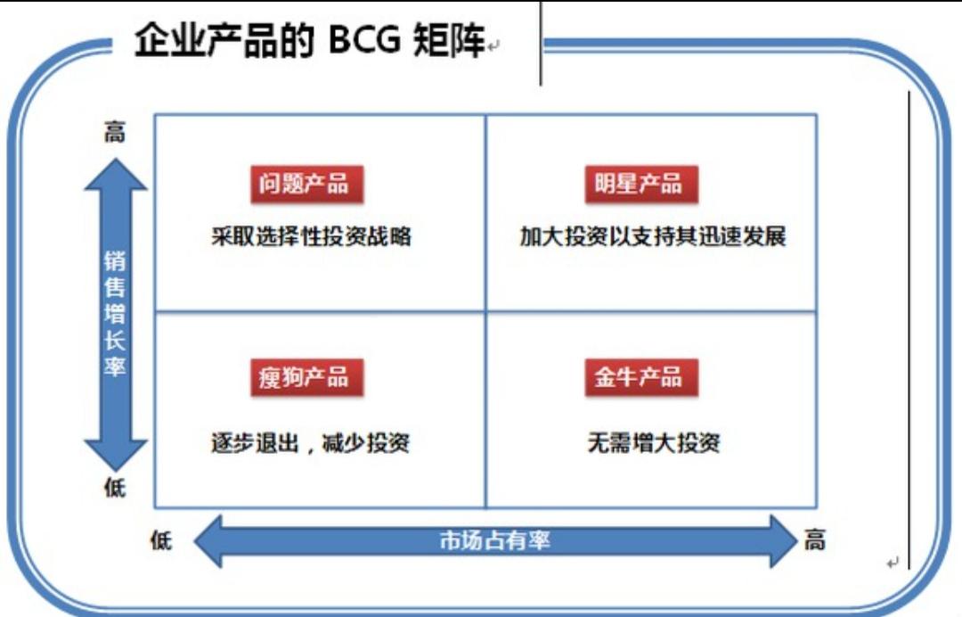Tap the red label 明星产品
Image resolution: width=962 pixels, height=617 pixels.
coord(639,185)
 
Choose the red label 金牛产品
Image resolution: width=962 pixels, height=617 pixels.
coord(639,377)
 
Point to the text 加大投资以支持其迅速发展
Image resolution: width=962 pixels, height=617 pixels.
coord(653,237)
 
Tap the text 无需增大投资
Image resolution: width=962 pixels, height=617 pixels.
coord(653,442)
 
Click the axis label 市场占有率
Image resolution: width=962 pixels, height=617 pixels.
coord(494,539)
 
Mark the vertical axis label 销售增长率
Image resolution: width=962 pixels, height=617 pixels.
coord(115,313)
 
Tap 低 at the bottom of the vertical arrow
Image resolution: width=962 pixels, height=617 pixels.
coord(115,488)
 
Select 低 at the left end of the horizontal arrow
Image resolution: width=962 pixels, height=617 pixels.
coord(161,539)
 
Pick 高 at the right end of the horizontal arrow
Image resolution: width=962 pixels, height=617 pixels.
coord(814,539)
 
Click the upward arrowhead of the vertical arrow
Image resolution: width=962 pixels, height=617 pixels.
coord(115,174)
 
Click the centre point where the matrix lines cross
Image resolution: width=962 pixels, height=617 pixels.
coord(485,311)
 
